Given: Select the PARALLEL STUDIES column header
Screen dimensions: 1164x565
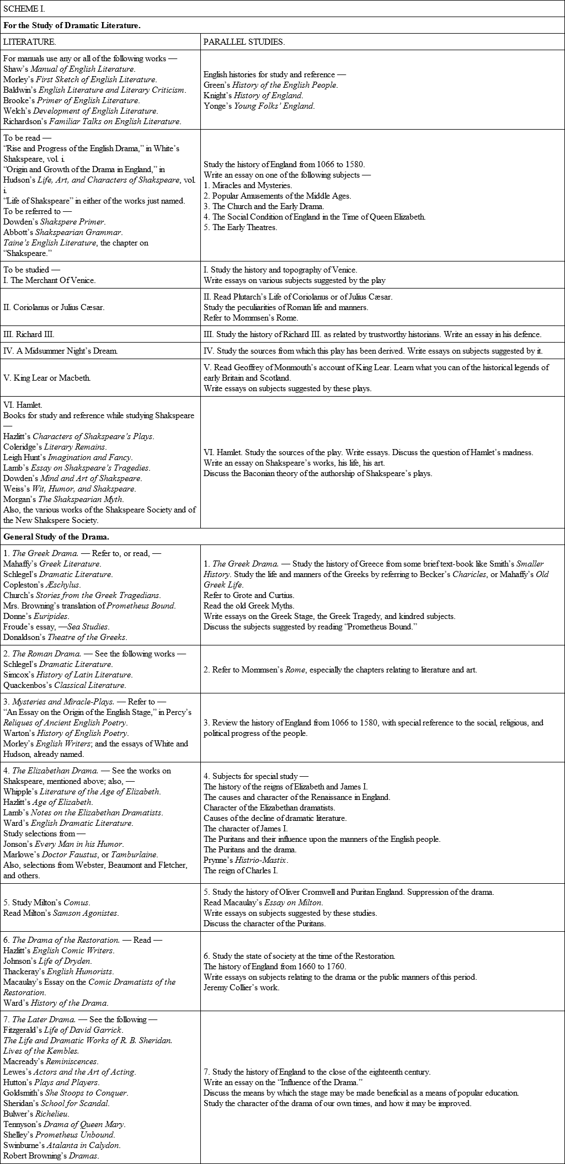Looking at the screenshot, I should pyautogui.click(x=244, y=42).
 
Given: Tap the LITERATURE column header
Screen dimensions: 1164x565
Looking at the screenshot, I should pyautogui.click(x=30, y=42).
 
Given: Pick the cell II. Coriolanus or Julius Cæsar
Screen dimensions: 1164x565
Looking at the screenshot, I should pyautogui.click(x=54, y=307).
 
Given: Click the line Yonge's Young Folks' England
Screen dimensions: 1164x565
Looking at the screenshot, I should pyautogui.click(x=259, y=106).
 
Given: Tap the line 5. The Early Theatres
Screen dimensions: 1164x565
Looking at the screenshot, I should pyautogui.click(x=240, y=227).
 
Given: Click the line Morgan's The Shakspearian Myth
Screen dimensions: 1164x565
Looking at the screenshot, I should pyautogui.click(x=63, y=499).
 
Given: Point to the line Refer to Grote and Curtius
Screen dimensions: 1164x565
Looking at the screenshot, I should pyautogui.click(x=249, y=595).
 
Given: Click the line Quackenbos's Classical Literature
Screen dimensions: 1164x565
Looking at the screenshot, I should pyautogui.click(x=65, y=685).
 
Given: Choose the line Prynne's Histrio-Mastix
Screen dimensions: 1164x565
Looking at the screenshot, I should pyautogui.click(x=246, y=860).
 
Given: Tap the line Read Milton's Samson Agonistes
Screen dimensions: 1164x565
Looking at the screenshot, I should pyautogui.click(x=61, y=913).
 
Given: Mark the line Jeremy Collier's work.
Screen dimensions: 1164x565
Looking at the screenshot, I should pyautogui.click(x=241, y=987).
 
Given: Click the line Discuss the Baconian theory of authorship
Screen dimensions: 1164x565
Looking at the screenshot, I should pyautogui.click(x=318, y=473).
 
